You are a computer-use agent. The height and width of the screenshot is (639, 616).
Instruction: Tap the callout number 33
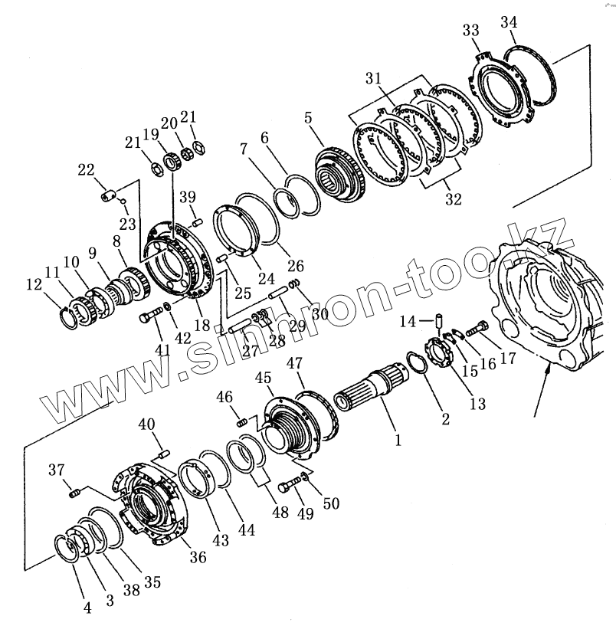point(471,31)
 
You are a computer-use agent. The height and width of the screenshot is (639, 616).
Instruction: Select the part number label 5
point(308,119)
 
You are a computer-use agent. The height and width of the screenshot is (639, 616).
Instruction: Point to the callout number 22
point(86,171)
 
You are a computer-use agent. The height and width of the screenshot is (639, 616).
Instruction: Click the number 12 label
point(34,285)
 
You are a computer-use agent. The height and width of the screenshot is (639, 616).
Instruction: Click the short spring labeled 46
point(242,420)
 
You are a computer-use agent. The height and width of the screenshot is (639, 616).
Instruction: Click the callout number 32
point(453,199)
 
